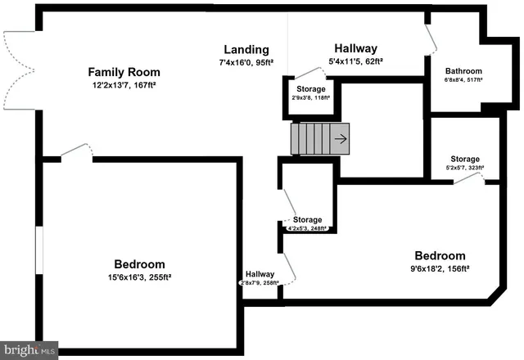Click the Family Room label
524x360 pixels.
[124, 72]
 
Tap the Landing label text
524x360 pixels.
[244, 49]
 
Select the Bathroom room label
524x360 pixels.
[463, 71]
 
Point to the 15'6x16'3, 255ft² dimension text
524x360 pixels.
[139, 277]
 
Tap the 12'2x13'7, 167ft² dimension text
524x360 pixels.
[124, 85]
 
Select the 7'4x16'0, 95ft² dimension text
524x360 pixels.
[244, 61]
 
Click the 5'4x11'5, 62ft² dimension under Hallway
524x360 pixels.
[355, 61]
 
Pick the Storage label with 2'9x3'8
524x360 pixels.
[309, 88]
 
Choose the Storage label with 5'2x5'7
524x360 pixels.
[464, 159]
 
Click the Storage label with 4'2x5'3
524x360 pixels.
[307, 220]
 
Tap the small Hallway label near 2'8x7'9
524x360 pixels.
[260, 274]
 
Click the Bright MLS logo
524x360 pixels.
[29, 350]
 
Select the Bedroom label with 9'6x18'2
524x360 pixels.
[440, 254]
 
